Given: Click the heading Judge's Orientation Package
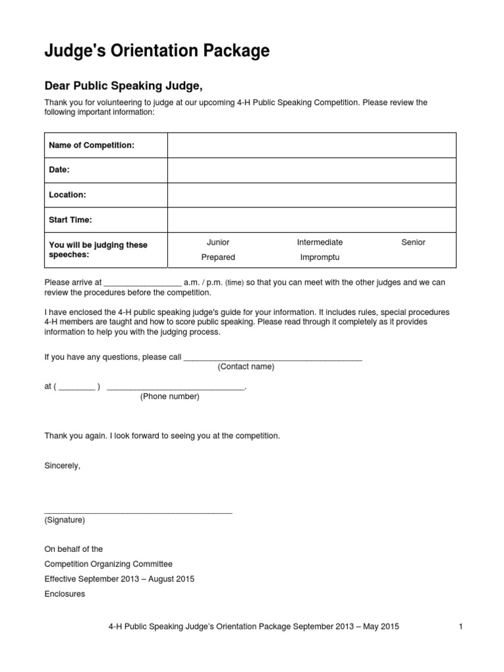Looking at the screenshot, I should [157, 51].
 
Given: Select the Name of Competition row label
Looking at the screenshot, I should [92, 145].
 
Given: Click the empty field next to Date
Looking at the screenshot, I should [311, 170].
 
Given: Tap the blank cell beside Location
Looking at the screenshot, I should [311, 195].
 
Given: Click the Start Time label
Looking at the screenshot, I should [71, 220].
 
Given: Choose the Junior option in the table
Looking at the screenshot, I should [218, 242].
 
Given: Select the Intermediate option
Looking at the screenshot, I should [320, 242].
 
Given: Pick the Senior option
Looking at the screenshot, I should [413, 242].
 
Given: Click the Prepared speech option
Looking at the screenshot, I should [218, 257].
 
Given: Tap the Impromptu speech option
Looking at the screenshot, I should [320, 257].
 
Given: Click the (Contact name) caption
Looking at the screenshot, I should [246, 367].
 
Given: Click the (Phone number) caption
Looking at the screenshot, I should [170, 397].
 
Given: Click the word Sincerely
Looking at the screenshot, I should [62, 465].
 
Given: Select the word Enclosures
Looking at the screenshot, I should [64, 594].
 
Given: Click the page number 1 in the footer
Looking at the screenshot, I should [461, 627].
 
